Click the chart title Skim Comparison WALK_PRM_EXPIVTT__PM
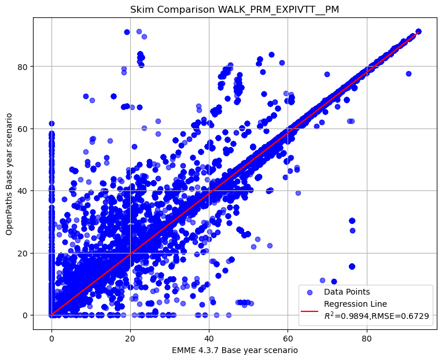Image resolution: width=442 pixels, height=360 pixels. pyautogui.click(x=234, y=10)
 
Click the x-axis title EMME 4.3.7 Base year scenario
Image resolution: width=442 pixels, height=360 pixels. pyautogui.click(x=234, y=350)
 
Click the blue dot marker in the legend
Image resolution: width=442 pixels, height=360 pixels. pyautogui.click(x=310, y=292)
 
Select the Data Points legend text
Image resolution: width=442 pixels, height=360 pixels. pyautogui.click(x=347, y=292)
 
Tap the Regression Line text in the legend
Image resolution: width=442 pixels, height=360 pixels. pyautogui.click(x=355, y=304)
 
